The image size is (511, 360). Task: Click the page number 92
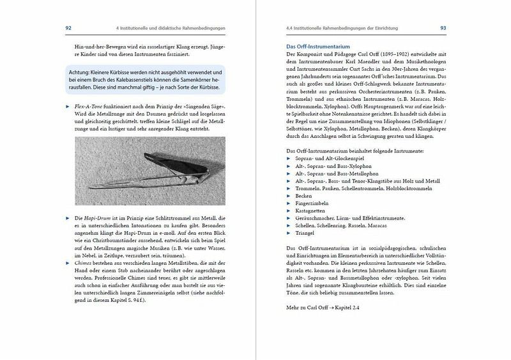(x=68, y=28)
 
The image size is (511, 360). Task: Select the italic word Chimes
(x=86, y=262)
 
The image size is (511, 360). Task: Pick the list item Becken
(x=303, y=196)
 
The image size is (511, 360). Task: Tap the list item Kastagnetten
(x=311, y=211)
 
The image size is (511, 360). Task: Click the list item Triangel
(x=305, y=233)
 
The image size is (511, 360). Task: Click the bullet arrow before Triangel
(x=289, y=233)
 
